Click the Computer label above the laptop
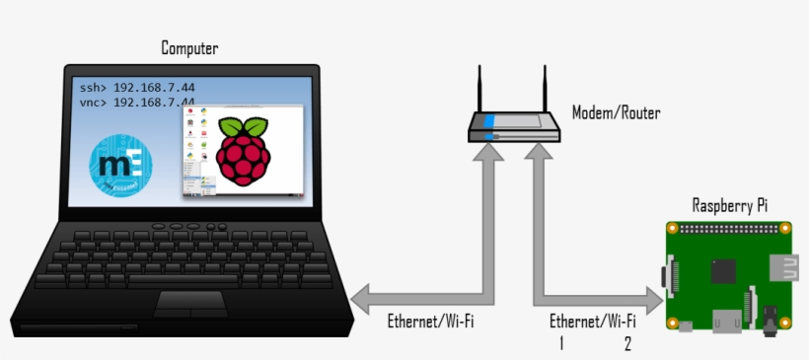tap(189, 48)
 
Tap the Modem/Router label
tap(616, 113)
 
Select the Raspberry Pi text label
tap(730, 205)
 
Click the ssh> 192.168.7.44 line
tap(137, 87)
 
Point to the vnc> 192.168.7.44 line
tap(137, 102)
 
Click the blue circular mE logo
tap(122, 164)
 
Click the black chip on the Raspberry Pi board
tap(726, 270)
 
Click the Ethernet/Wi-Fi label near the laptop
tap(425, 322)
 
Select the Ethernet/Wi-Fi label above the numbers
tap(592, 322)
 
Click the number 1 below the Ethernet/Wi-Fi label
tap(561, 343)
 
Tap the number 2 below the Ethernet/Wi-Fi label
tap(626, 343)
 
